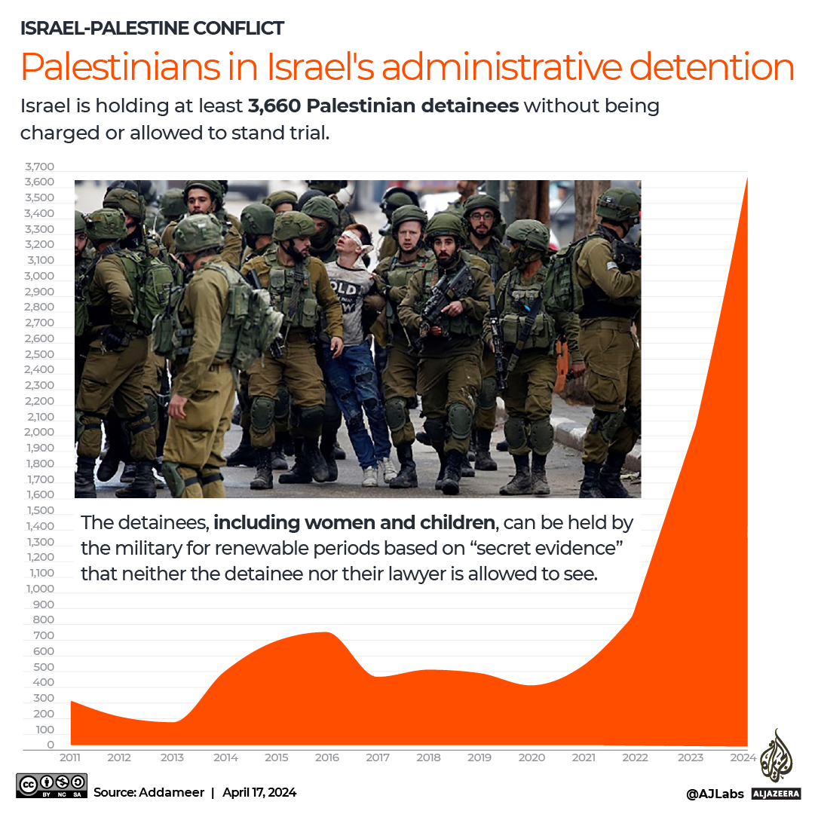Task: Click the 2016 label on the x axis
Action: pyautogui.click(x=326, y=757)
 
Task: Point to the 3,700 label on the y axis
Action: pyautogui.click(x=39, y=167)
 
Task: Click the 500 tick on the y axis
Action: pyautogui.click(x=44, y=667)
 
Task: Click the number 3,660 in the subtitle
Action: pyautogui.click(x=275, y=106)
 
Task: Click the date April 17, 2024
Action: pyautogui.click(x=259, y=792)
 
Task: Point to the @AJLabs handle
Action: pyautogui.click(x=715, y=793)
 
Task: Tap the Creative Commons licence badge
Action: pyautogui.click(x=51, y=785)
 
